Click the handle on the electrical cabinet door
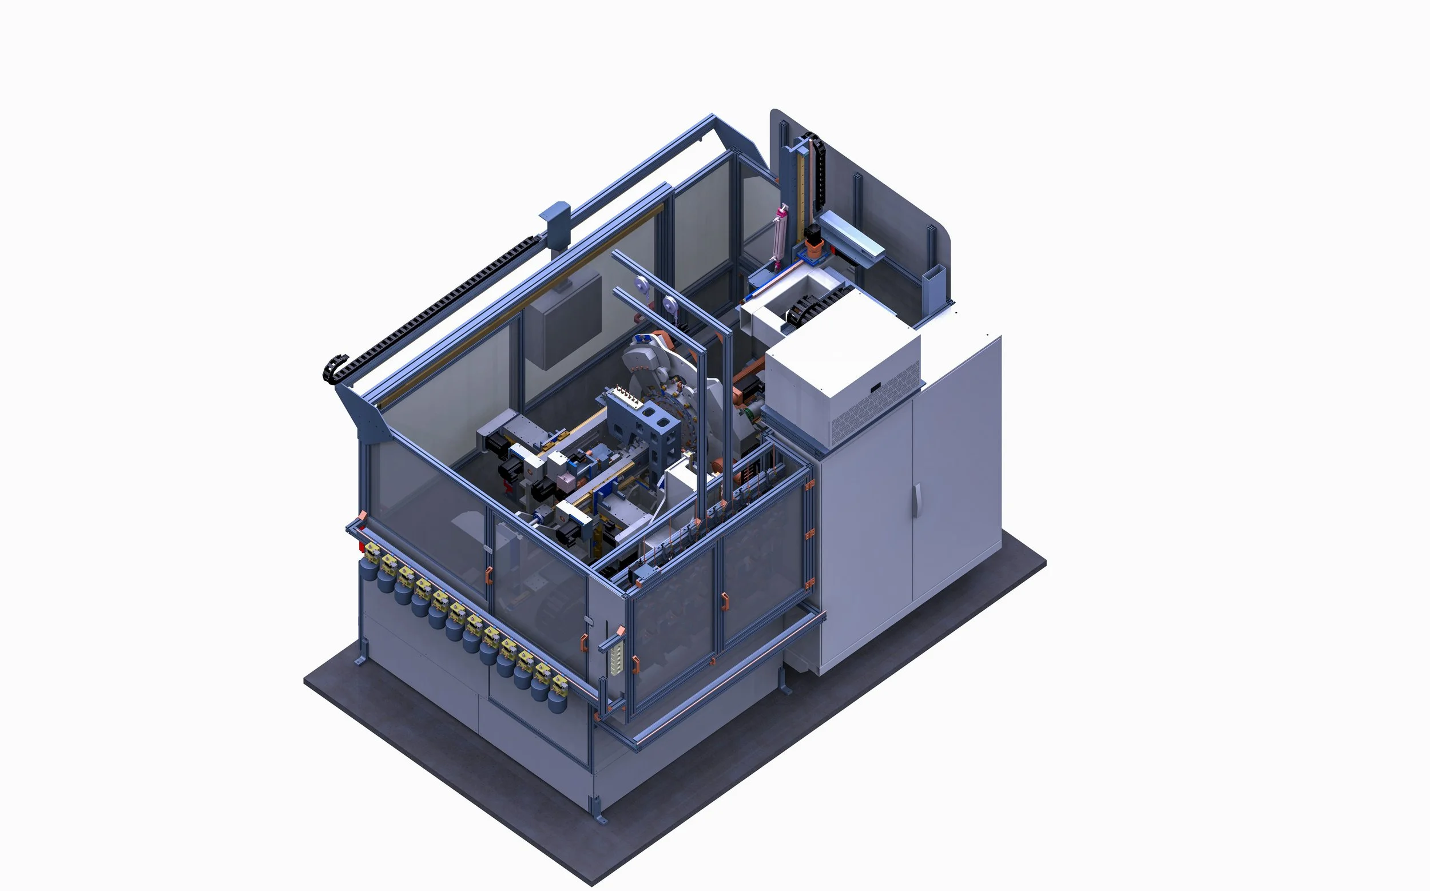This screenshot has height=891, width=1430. point(917,500)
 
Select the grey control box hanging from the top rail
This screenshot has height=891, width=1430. point(563,324)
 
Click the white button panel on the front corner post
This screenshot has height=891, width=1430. point(617,658)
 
